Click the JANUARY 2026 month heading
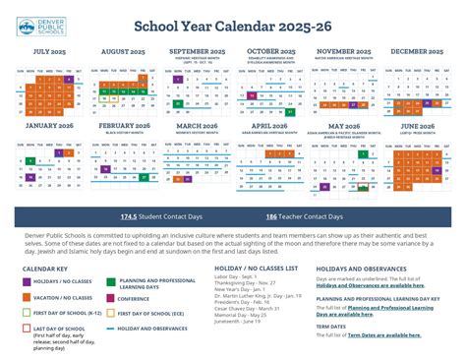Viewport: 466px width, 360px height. [x=51, y=126]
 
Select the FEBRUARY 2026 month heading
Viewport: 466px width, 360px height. [x=125, y=126]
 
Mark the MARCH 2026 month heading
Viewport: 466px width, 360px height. [x=197, y=126]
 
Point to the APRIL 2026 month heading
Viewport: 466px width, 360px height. [x=269, y=126]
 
